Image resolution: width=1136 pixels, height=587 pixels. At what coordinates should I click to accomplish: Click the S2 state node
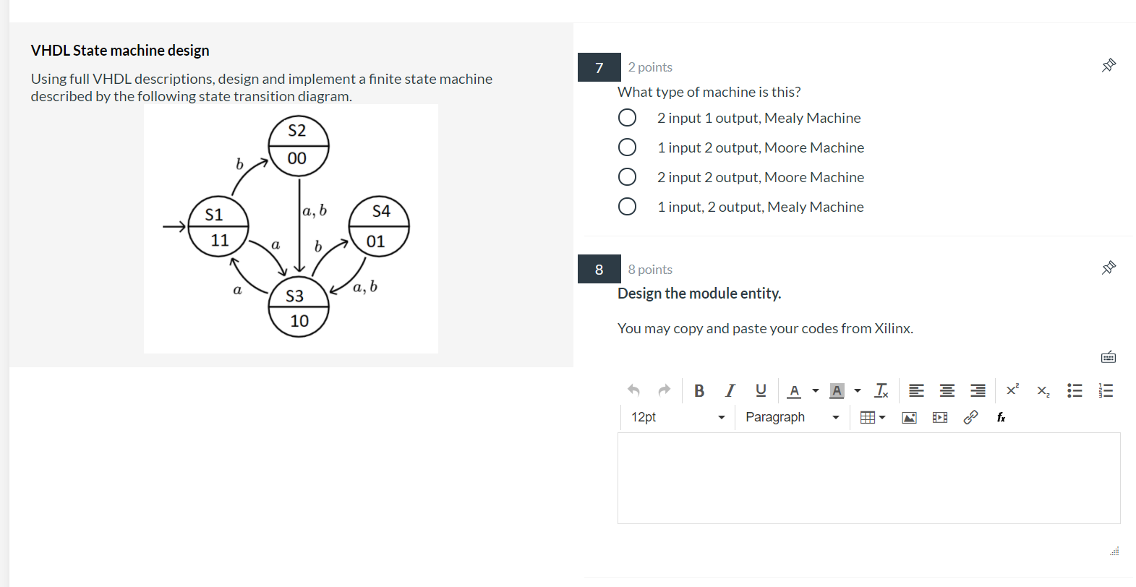point(298,145)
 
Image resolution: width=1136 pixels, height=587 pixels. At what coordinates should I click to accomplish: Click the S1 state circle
point(218,226)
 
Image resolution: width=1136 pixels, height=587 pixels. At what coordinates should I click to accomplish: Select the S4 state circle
point(379,226)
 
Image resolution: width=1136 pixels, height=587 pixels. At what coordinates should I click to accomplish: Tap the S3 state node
point(298,307)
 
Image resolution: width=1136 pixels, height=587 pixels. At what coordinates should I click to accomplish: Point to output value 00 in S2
point(296,158)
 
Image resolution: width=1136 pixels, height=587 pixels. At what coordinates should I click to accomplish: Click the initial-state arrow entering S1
point(174,227)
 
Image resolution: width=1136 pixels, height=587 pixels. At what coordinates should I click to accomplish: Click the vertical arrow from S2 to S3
point(299,224)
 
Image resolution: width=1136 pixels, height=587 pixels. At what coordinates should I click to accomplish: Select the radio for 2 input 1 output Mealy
point(627,118)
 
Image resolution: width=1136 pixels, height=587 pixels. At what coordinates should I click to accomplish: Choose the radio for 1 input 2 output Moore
point(627,147)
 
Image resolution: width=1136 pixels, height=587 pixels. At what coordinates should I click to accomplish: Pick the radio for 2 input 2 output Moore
point(627,177)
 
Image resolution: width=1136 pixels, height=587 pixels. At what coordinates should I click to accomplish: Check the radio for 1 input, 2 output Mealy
point(627,207)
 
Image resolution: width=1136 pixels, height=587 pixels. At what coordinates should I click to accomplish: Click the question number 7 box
point(599,67)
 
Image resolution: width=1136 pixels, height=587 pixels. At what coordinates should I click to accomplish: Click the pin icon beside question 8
point(1109,268)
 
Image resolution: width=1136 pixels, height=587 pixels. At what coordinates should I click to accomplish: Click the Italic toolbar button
point(730,390)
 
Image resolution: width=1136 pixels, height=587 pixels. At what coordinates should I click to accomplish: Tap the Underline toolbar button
point(760,390)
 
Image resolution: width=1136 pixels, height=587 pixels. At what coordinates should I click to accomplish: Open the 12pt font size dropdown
point(677,417)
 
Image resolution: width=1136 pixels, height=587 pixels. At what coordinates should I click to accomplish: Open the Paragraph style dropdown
point(792,417)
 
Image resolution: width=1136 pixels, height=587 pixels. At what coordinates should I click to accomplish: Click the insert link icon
point(970,417)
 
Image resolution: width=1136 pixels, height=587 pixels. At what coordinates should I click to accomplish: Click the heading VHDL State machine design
point(120,51)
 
